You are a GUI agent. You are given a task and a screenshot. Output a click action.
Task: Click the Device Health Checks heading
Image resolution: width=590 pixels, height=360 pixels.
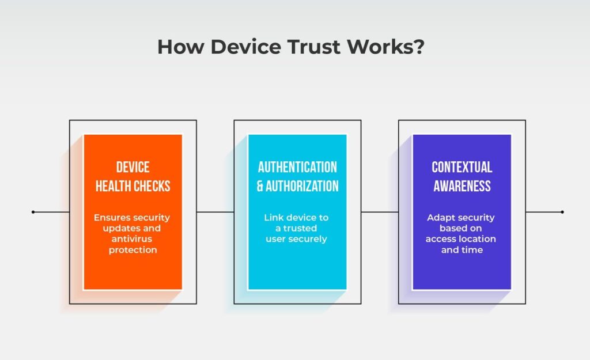(x=133, y=176)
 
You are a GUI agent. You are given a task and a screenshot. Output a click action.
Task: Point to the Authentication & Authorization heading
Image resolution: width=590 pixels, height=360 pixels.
(x=297, y=176)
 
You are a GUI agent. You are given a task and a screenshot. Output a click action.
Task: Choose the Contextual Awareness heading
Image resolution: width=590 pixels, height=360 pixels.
(x=462, y=176)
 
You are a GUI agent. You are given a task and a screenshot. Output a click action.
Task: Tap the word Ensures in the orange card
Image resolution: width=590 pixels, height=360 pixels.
(x=113, y=217)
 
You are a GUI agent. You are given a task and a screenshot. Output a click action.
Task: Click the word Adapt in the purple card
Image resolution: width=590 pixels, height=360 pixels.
(x=441, y=218)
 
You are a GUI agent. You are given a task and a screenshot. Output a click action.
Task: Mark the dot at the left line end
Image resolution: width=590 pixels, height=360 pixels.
(x=33, y=212)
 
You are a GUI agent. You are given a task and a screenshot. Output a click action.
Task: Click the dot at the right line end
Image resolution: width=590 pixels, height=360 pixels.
(x=562, y=212)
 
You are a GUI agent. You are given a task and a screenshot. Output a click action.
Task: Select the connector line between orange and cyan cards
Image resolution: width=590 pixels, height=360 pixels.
(x=215, y=212)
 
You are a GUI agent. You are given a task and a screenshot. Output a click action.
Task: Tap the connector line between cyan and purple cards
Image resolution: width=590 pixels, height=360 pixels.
(x=380, y=212)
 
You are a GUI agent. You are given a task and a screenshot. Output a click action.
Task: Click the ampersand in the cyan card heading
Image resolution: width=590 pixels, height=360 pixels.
(x=260, y=186)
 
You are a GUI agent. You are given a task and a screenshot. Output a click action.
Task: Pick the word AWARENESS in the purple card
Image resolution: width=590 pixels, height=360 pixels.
(x=462, y=186)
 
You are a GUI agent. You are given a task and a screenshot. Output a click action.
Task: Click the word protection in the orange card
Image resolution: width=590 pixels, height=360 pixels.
(x=133, y=250)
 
